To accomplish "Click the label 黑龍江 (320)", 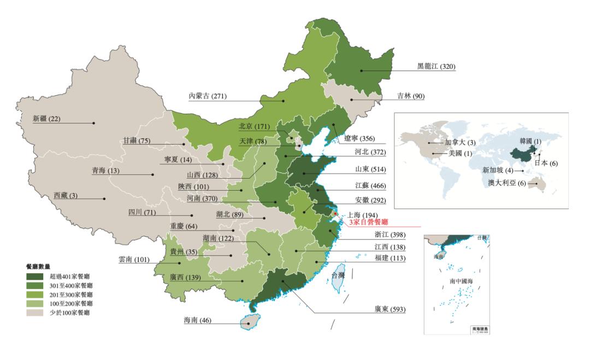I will click(436, 67).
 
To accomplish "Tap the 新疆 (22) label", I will click(47, 119).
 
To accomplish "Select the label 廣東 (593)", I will click(389, 309).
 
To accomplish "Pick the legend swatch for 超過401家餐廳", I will click(35, 277).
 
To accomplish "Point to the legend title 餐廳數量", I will click(38, 267).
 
